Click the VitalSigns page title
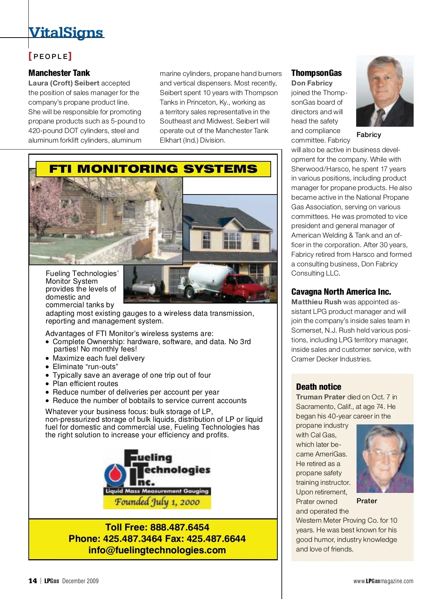coord(66,32)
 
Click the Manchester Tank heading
coord(59,73)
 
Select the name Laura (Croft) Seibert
coord(64,83)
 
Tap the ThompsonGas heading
coord(316,73)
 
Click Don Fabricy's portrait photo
coord(385,91)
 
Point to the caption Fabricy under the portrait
coord(369,135)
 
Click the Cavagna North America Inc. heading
coord(341,292)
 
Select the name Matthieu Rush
coord(316,302)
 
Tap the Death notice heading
coord(319,387)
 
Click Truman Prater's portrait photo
coord(385,458)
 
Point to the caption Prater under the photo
coord(366,501)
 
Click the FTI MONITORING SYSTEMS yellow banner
coord(153,169)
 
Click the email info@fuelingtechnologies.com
coord(157,550)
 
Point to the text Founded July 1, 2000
coord(157,502)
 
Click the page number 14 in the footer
coord(33,581)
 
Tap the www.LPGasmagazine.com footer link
coord(383,581)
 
